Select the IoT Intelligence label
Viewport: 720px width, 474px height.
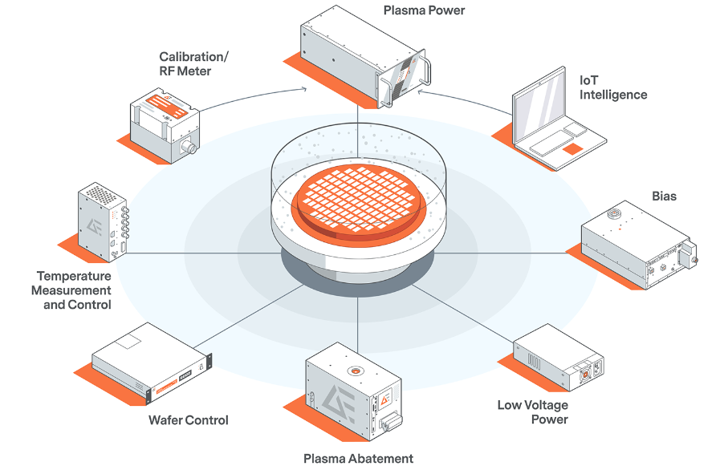pyautogui.click(x=612, y=87)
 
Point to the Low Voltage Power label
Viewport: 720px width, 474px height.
pyautogui.click(x=532, y=411)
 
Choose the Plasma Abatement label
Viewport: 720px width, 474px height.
pyautogui.click(x=358, y=459)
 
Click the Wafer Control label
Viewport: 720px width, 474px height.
pyautogui.click(x=188, y=419)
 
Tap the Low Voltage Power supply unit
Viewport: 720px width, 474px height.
pyautogui.click(x=559, y=357)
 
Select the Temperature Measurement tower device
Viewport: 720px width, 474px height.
pyautogui.click(x=102, y=221)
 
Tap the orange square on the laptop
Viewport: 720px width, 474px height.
pyautogui.click(x=572, y=149)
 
